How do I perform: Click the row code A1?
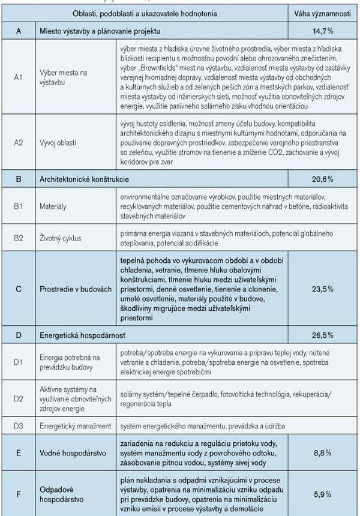(18, 77)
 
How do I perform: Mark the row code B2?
(18, 239)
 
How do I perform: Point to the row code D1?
(18, 362)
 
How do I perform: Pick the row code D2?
(18, 397)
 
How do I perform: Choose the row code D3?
(18, 426)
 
